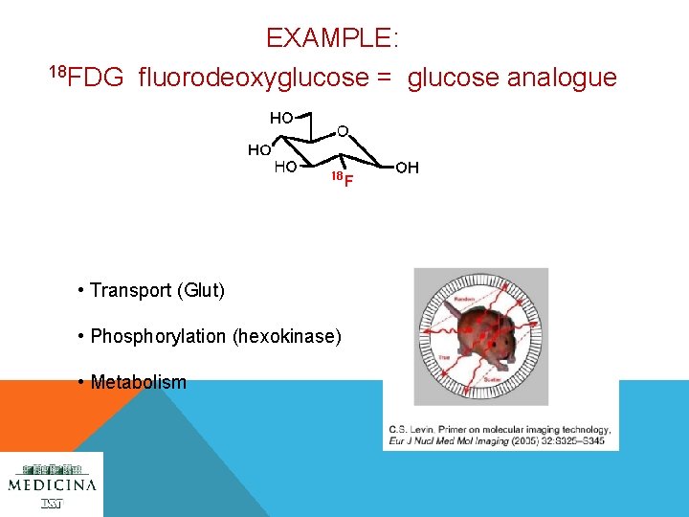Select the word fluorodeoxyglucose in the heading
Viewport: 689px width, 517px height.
click(x=253, y=78)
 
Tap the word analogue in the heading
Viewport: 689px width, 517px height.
click(x=512, y=78)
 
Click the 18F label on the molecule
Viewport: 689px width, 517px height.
click(x=342, y=180)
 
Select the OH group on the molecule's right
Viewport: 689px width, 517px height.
click(x=408, y=169)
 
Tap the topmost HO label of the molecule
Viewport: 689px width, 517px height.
click(x=280, y=119)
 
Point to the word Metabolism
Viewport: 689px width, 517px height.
click(x=138, y=382)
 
